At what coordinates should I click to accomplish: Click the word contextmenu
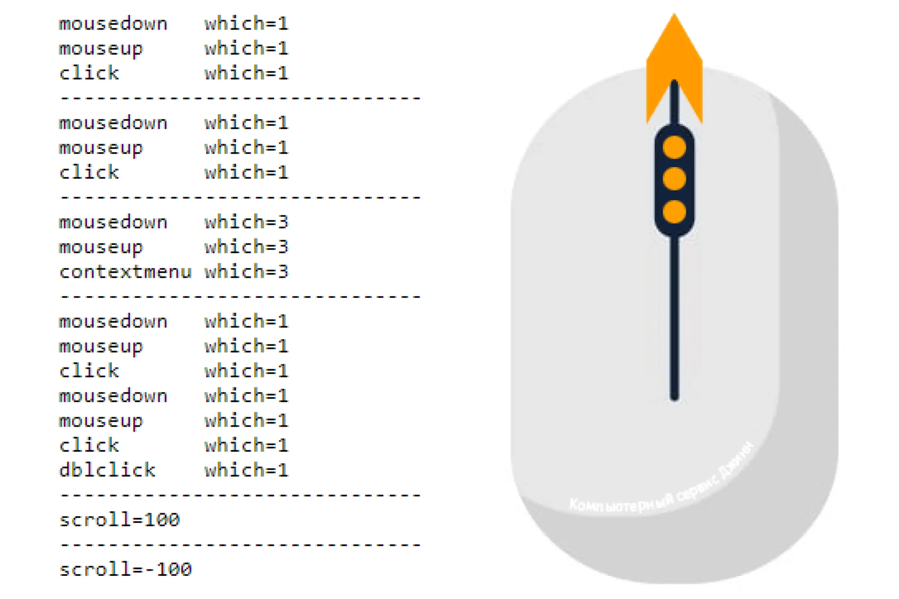click(125, 272)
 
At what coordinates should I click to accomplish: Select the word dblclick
click(107, 470)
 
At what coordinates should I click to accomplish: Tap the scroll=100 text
click(120, 520)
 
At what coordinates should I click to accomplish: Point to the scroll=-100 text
click(125, 570)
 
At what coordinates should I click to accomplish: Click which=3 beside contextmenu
click(247, 272)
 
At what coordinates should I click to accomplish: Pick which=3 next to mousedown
click(247, 222)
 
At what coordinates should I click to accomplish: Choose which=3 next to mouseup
click(247, 247)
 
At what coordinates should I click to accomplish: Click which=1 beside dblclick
click(247, 470)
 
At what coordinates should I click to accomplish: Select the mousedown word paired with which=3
click(113, 222)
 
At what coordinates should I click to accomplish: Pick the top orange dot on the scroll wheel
click(674, 147)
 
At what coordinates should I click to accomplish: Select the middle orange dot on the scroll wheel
click(674, 179)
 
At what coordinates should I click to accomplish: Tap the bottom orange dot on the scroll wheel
click(674, 212)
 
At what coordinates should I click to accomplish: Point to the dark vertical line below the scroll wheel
click(675, 317)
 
